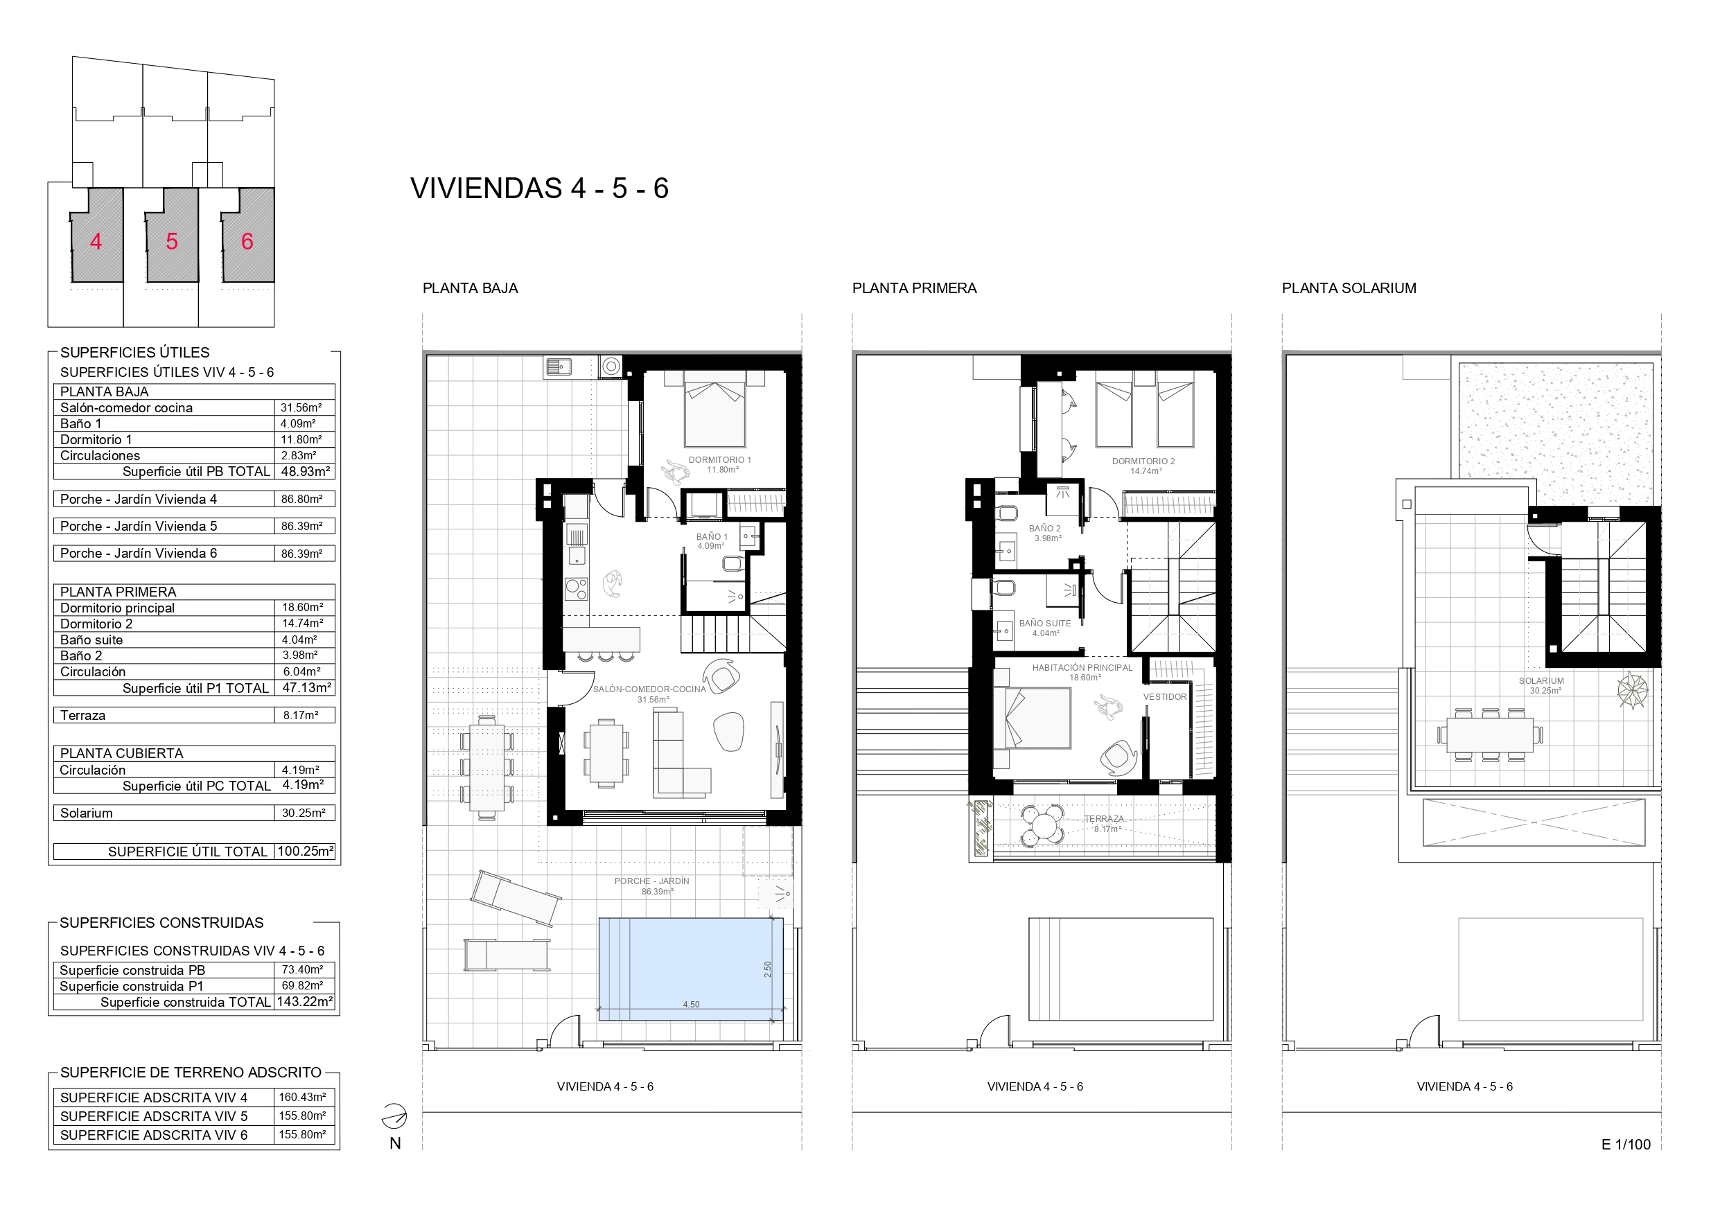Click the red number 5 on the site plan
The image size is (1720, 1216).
(172, 241)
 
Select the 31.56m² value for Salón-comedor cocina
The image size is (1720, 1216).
(301, 407)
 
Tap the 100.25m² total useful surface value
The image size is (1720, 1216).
(305, 851)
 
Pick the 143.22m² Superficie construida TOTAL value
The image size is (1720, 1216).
(305, 1002)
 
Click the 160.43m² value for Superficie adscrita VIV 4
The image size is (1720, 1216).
(303, 1097)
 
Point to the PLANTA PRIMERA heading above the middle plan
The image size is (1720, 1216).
(914, 288)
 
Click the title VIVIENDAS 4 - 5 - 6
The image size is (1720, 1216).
(539, 188)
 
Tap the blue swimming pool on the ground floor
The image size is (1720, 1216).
(690, 969)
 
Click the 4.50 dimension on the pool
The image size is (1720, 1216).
(691, 1005)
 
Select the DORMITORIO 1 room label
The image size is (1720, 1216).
(719, 460)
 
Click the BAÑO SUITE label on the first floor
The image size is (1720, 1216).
(1044, 624)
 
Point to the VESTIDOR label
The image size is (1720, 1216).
(1164, 697)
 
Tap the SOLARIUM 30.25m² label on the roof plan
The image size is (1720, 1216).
(1541, 685)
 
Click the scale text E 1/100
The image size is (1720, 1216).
(1626, 1144)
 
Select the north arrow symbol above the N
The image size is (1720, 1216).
(394, 1116)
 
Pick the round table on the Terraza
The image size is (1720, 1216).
(1043, 826)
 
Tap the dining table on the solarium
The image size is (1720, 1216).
(1489, 735)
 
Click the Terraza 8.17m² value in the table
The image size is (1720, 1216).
(300, 716)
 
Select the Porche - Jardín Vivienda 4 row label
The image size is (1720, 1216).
(139, 499)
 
